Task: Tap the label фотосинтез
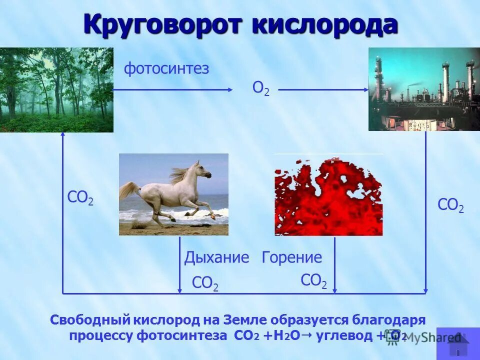click(x=166, y=68)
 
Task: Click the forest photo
click(x=56, y=90)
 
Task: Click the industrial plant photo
click(x=424, y=89)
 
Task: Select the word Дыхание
click(x=216, y=258)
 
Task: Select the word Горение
click(x=292, y=258)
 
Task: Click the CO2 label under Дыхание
click(x=205, y=283)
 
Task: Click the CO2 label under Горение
click(x=313, y=281)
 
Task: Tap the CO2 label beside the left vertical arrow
click(x=80, y=198)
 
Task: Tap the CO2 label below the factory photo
click(x=450, y=205)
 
